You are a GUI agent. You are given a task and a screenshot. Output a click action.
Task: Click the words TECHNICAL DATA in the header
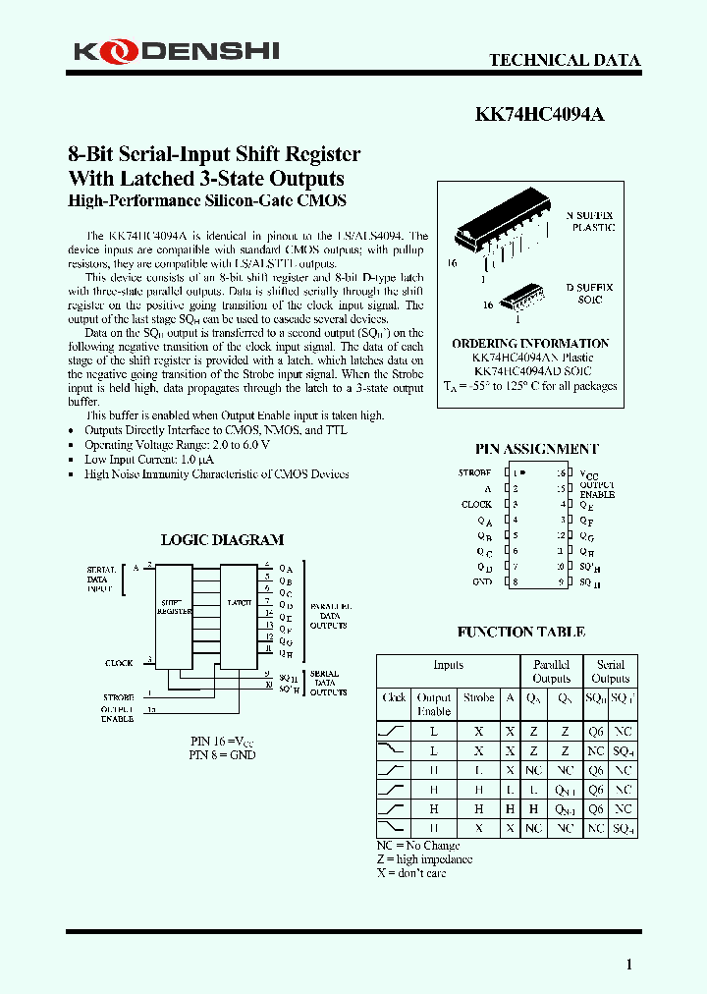(565, 60)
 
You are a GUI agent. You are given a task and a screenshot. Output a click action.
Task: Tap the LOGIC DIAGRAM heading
(222, 539)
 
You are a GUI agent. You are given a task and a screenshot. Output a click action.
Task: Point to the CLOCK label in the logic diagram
(119, 663)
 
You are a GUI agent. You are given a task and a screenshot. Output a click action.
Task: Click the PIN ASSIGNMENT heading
(536, 449)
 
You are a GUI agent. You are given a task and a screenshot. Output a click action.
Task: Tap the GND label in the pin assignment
(481, 581)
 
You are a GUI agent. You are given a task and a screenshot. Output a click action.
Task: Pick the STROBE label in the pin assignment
(474, 472)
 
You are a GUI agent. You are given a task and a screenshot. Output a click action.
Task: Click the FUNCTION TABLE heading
(520, 632)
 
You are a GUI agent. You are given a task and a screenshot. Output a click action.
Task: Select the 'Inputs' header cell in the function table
(449, 665)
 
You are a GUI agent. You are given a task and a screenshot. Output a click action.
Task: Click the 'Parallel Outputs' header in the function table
(551, 671)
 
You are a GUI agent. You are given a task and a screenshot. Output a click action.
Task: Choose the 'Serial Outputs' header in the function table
(610, 671)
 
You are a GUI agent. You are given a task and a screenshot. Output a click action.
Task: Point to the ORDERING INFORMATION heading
(530, 343)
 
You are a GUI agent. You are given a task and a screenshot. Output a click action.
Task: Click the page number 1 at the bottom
(629, 965)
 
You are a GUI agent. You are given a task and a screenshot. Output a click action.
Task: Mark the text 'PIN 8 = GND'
(222, 755)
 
